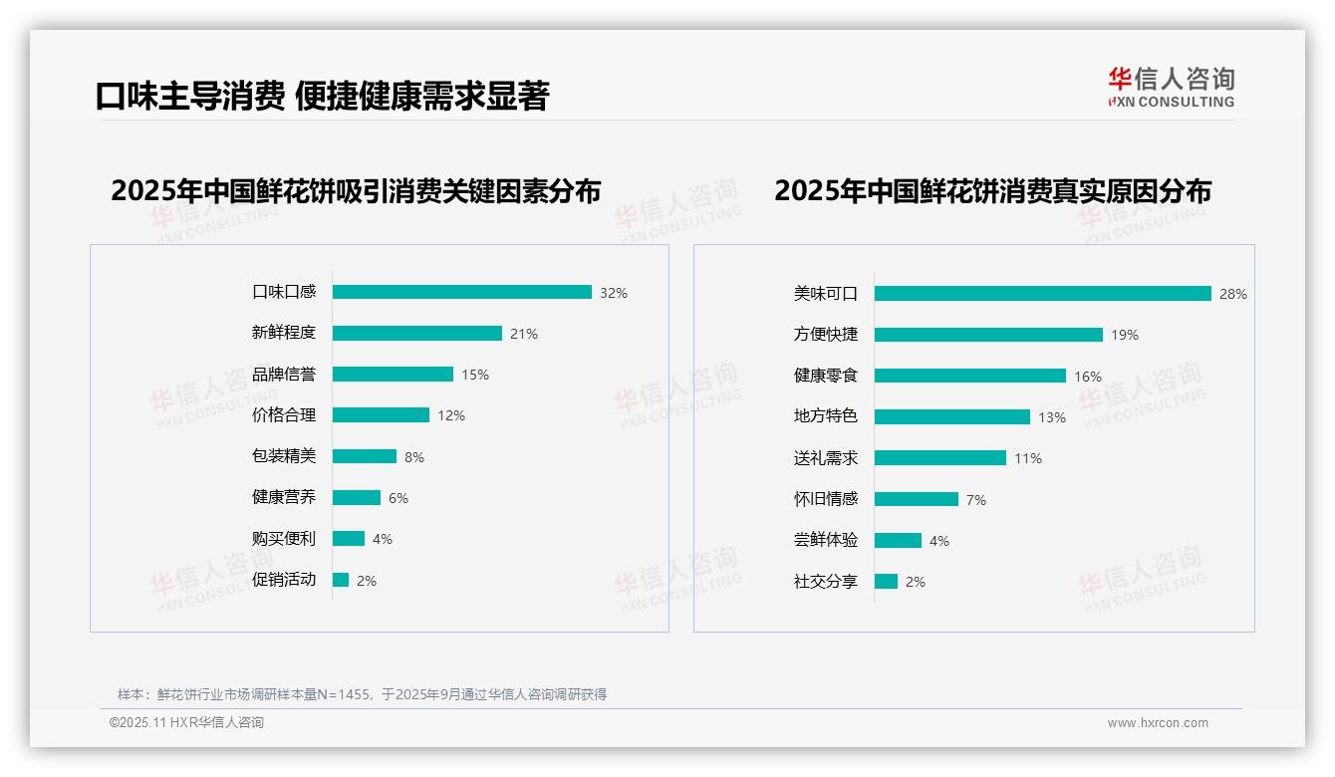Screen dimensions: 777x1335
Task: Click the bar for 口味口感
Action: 461,292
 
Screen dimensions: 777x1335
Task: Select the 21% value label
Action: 523,334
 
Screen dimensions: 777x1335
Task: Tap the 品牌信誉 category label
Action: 283,375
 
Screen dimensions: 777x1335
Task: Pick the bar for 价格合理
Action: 381,415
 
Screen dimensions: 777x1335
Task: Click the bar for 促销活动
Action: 341,580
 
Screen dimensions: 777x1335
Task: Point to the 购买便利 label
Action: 283,539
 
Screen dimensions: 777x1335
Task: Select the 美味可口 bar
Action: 1042,294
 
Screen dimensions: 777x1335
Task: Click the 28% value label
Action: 1232,294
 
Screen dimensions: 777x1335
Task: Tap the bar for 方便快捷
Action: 988,335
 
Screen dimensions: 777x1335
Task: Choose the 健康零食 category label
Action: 825,377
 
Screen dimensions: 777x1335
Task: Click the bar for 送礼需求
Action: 939,458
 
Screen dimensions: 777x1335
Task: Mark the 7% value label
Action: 975,500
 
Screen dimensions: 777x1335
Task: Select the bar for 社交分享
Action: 886,582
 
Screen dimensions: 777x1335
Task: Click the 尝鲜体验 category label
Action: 825,541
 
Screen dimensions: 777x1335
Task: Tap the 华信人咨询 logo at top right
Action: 1171,87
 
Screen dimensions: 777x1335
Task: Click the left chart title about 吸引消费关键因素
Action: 356,191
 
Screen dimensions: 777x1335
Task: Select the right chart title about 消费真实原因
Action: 992,191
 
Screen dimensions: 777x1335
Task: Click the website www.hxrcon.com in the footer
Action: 1157,723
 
